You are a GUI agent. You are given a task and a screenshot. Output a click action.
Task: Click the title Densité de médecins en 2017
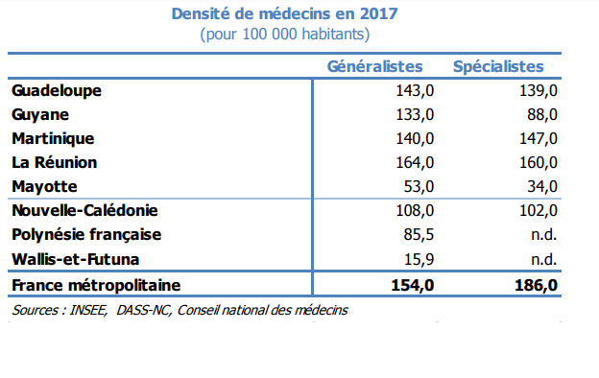click(x=284, y=14)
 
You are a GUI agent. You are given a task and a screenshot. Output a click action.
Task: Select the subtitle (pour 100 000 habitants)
click(x=284, y=35)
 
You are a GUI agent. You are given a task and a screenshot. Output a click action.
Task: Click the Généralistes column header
click(x=375, y=67)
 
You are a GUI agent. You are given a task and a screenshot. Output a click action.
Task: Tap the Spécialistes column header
click(x=498, y=67)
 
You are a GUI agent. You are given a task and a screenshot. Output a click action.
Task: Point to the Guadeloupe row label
click(x=57, y=91)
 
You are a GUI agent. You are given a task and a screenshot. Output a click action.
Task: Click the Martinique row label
click(x=53, y=139)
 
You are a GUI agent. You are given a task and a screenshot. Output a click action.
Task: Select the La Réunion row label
click(x=55, y=163)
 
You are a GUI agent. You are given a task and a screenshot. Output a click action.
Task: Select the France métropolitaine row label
click(x=96, y=285)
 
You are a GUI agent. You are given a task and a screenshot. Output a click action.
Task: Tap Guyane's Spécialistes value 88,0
click(x=542, y=115)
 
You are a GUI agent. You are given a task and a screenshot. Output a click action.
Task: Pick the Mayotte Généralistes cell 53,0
click(x=421, y=186)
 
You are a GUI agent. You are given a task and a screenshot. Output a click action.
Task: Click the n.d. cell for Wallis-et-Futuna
click(x=544, y=259)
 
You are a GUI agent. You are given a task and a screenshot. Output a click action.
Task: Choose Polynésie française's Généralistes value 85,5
click(x=421, y=235)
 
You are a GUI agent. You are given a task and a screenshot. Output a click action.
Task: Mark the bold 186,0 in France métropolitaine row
click(x=537, y=285)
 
